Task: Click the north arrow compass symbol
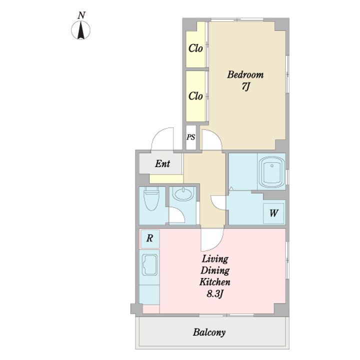80,30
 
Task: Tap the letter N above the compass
81,15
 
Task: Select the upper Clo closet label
195,48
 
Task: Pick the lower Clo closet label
195,96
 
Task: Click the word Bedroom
245,75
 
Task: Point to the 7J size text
245,86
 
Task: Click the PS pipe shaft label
191,137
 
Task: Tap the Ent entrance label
162,163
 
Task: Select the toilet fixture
151,198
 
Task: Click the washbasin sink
183,194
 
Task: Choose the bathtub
272,171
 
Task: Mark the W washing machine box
273,213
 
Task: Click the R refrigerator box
150,238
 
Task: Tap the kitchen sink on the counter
149,264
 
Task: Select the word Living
215,259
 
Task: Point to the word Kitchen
215,281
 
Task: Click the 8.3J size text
215,293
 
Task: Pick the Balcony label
209,332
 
